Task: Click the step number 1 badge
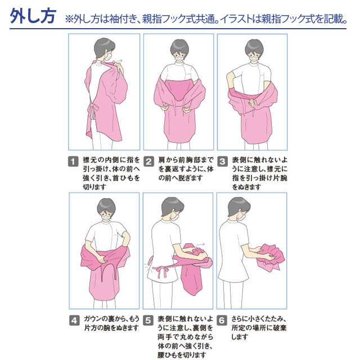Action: coord(73,161)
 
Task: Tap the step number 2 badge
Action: coord(148,161)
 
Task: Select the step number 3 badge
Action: coord(223,161)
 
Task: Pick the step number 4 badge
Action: coord(74,320)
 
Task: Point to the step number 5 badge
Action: coord(148,320)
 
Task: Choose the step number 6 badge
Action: coord(222,320)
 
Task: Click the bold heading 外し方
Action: coord(33,16)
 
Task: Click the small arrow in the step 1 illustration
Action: coord(119,61)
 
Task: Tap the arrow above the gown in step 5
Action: coord(201,245)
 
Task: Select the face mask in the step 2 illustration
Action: coord(179,58)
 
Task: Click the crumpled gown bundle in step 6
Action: coord(271,256)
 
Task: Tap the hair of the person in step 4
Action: coord(106,206)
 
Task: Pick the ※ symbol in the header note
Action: coord(69,19)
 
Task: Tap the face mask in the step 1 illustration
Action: coord(109,57)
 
